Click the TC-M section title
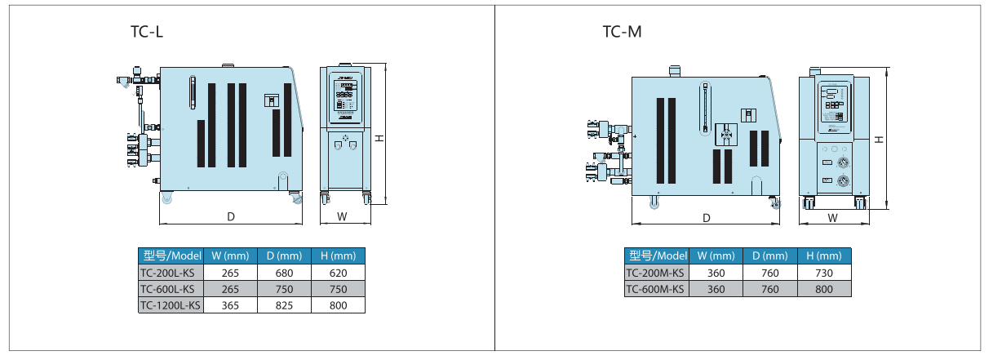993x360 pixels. pos(622,32)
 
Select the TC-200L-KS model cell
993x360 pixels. pos(167,272)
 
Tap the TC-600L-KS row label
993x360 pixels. pos(167,288)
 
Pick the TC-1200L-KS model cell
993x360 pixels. pos(170,305)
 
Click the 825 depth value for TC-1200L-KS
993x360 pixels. pos(284,305)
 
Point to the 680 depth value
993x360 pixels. pos(284,272)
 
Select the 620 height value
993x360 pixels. pos(338,272)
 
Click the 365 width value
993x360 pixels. pos(230,305)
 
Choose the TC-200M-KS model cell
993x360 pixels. pos(656,273)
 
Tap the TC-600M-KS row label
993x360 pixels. pos(656,289)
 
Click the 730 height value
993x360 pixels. pos(824,273)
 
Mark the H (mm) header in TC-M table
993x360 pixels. pos(824,256)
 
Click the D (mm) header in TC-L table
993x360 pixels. pos(284,255)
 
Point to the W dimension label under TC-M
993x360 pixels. pos(832,218)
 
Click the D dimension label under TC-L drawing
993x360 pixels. pos(231,217)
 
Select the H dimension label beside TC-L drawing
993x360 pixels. pos(379,138)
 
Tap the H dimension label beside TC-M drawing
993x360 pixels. pos(879,139)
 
